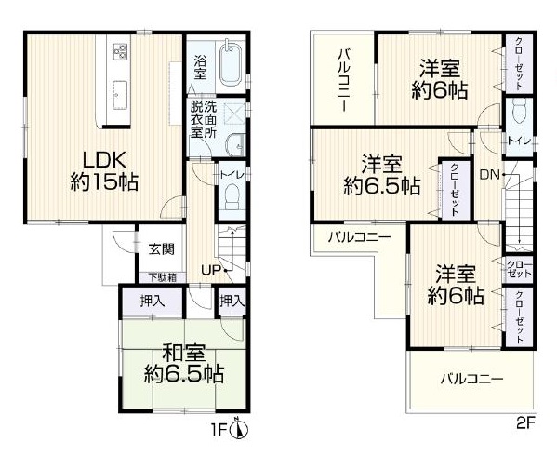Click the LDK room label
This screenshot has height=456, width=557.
point(104,171)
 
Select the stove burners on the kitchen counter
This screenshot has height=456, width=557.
point(120,51)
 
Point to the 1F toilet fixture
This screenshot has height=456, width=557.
point(232,197)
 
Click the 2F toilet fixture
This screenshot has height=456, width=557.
point(519,111)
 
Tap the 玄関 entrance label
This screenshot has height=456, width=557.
point(162,248)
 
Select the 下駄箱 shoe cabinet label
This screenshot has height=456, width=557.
point(163,277)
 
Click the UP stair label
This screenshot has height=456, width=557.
point(212,270)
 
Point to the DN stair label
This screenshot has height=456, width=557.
point(490,175)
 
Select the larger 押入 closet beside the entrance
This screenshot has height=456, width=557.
point(153,302)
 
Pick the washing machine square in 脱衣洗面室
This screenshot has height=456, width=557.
point(234,114)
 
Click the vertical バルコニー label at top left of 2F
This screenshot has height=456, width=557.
point(342,81)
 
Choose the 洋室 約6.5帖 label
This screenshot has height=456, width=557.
point(382,175)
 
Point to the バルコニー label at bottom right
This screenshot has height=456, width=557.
point(472,379)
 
